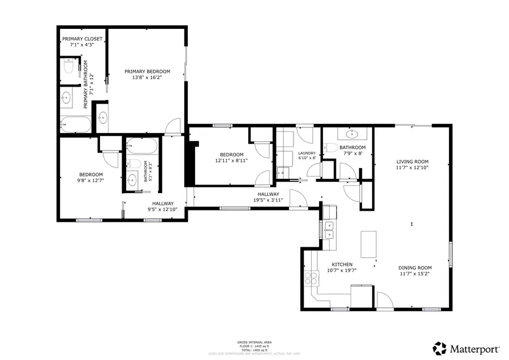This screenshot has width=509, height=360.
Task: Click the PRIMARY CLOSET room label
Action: point(82,39)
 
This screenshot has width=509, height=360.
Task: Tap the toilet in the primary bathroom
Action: point(67,67)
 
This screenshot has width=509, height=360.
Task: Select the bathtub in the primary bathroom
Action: point(75,123)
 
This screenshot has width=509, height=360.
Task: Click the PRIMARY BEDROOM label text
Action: point(147,71)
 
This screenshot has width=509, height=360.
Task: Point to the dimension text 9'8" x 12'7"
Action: point(90,181)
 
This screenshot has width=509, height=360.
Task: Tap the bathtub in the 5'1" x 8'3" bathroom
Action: point(140,146)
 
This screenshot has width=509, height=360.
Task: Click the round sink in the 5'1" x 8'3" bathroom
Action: point(133,181)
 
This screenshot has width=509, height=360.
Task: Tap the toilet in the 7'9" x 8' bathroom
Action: point(331,148)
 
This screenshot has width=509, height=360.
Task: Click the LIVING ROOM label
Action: point(412,161)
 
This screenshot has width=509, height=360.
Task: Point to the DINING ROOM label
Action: point(415,268)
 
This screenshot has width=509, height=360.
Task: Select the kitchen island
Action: point(369,244)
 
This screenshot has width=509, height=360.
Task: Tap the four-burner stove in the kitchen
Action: point(312,277)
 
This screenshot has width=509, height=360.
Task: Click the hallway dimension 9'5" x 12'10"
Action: point(162,209)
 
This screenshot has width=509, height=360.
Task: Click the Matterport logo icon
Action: point(439,347)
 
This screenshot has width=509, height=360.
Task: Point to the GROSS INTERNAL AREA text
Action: point(254,342)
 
